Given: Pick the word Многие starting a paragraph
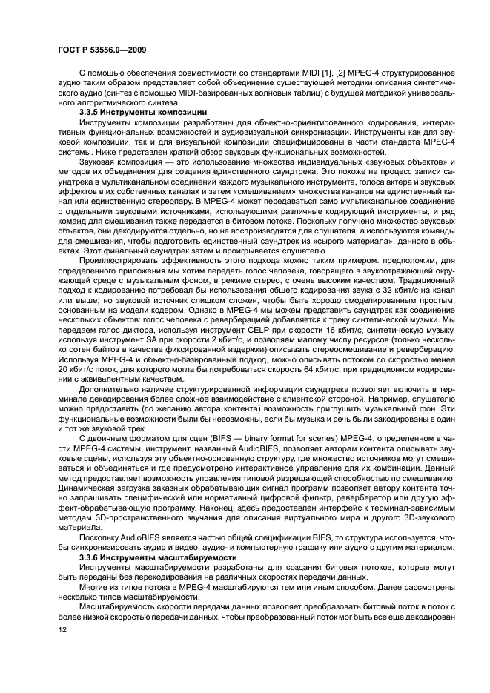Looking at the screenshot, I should pos(94,586).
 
